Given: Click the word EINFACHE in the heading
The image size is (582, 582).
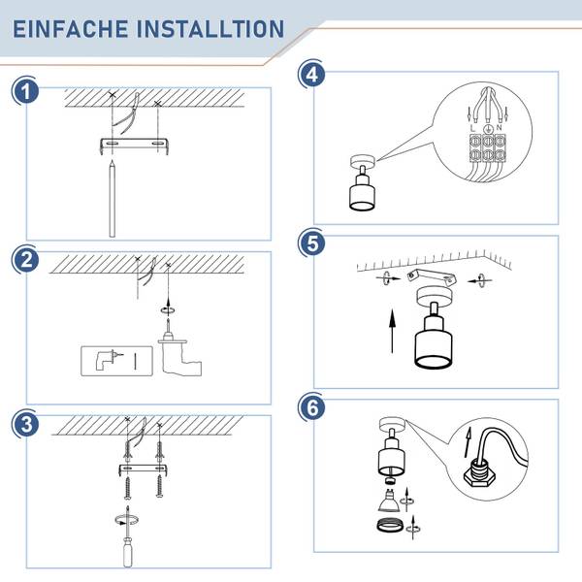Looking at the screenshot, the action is (71, 29).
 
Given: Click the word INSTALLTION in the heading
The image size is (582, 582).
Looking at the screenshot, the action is (210, 29).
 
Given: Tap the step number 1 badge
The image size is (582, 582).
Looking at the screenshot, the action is (25, 91).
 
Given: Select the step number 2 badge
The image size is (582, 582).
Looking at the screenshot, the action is (25, 259).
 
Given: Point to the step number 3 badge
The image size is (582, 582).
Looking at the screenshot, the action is (25, 424).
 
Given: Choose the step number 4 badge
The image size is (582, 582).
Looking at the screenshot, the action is (312, 75).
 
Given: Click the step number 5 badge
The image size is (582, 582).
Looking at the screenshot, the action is (312, 243).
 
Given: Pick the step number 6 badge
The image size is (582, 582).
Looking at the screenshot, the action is (312, 407).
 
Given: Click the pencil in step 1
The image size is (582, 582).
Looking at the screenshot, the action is (113, 199).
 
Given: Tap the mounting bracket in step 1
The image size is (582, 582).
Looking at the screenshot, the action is (135, 145).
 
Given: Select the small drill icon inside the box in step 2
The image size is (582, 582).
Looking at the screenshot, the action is (108, 360).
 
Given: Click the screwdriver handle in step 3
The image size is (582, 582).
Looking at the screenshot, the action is (128, 552).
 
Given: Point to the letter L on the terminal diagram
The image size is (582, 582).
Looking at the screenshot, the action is (472, 128).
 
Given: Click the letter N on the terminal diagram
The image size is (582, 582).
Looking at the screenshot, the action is (500, 127).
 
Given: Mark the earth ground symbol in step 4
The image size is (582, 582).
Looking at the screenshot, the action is (488, 128).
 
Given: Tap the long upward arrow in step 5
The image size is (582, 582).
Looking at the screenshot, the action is (392, 331).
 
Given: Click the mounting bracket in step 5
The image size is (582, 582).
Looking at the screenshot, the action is (432, 276).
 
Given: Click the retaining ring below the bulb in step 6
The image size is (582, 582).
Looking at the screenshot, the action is (390, 526).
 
